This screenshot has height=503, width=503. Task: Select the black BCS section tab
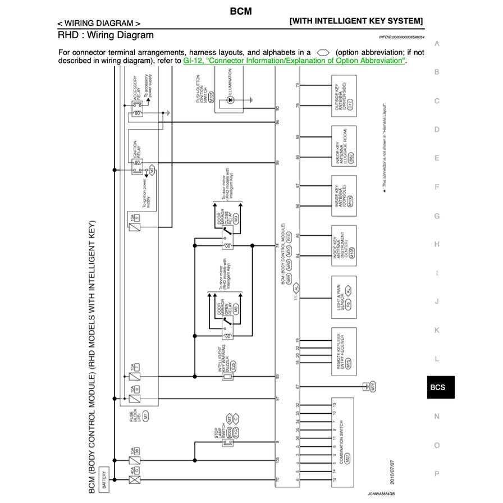pyautogui.click(x=437, y=387)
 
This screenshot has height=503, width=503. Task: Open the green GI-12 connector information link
pyautogui.click(x=294, y=61)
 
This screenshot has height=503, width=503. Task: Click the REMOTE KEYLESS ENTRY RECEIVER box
pyautogui.click(x=344, y=350)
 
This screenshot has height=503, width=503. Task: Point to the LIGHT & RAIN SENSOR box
pyautogui.click(x=344, y=296)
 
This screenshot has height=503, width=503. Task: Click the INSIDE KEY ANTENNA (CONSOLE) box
pyautogui.click(x=344, y=196)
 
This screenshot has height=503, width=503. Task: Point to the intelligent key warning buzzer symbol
pyautogui.click(x=228, y=377)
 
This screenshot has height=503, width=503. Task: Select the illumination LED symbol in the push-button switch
pyautogui.click(x=229, y=100)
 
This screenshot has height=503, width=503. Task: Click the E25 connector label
pyautogui.click(x=233, y=365)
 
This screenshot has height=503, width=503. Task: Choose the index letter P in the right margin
pyautogui.click(x=437, y=473)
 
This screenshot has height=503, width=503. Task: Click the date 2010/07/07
pyautogui.click(x=391, y=472)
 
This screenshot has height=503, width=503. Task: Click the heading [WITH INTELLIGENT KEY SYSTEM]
pyautogui.click(x=356, y=21)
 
